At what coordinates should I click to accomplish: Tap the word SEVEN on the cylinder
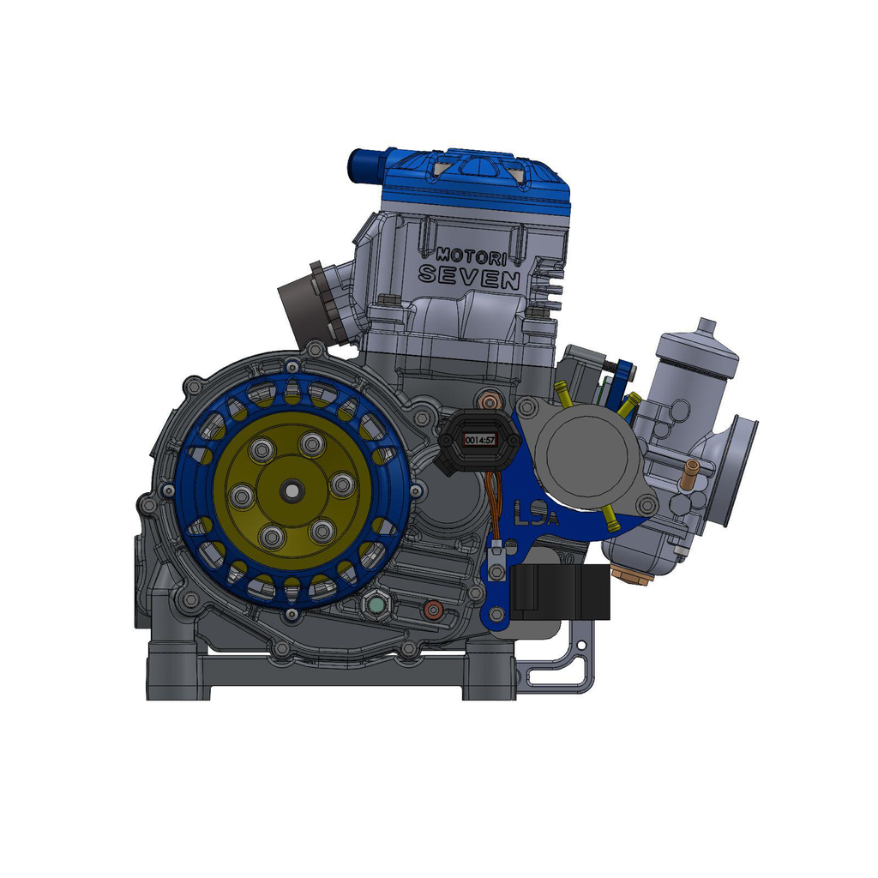[468, 277]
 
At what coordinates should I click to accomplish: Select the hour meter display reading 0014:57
[479, 439]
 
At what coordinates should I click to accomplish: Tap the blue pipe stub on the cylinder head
[364, 165]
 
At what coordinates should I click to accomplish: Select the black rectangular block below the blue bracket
[561, 592]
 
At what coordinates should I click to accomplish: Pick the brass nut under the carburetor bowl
[632, 572]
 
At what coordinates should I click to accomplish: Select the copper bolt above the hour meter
[490, 400]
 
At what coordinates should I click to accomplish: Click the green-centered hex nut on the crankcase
[377, 606]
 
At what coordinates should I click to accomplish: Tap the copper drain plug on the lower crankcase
[434, 610]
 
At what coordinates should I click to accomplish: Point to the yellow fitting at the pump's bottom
[611, 517]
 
